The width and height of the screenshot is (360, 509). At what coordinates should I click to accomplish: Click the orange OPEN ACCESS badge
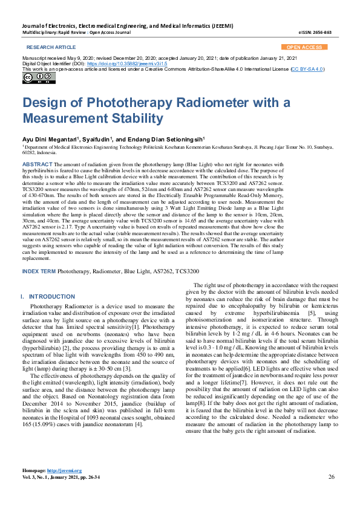304,47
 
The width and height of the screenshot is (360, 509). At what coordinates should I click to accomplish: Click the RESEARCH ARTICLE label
51,47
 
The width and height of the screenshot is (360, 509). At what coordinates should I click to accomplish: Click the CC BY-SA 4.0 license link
307,69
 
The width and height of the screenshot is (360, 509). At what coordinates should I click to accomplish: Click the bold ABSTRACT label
38,164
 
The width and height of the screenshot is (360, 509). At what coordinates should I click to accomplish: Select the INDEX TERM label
39,272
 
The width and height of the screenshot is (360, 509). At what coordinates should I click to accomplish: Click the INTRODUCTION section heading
52,297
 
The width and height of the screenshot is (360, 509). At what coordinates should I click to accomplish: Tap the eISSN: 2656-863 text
315,32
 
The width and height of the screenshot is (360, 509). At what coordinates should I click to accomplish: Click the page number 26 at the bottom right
332,476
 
